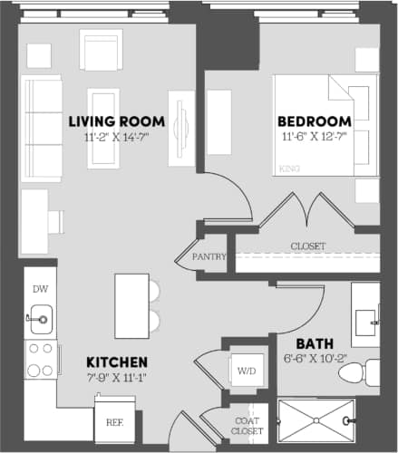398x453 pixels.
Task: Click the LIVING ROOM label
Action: coord(117,120)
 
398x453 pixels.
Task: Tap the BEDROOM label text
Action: coord(315,121)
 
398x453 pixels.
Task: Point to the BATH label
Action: coord(315,343)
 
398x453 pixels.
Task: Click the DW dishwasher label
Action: coord(40,289)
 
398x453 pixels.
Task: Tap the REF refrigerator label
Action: coord(114,421)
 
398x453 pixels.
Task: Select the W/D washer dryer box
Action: coord(245,370)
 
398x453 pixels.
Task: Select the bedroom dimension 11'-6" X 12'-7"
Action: coord(315,137)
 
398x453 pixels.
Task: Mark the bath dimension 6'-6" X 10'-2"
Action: coord(315,359)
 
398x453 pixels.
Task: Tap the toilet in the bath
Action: coord(370,371)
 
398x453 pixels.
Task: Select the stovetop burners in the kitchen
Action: coord(40,358)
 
